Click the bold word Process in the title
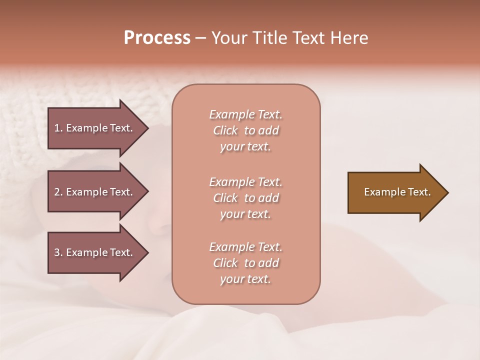click(157, 38)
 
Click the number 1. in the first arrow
click(58, 128)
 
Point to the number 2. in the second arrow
click(58, 192)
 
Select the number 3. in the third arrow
click(58, 252)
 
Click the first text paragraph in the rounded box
click(245, 130)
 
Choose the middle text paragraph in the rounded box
click(245, 198)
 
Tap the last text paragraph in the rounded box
click(245, 263)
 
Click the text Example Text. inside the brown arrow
click(397, 192)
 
